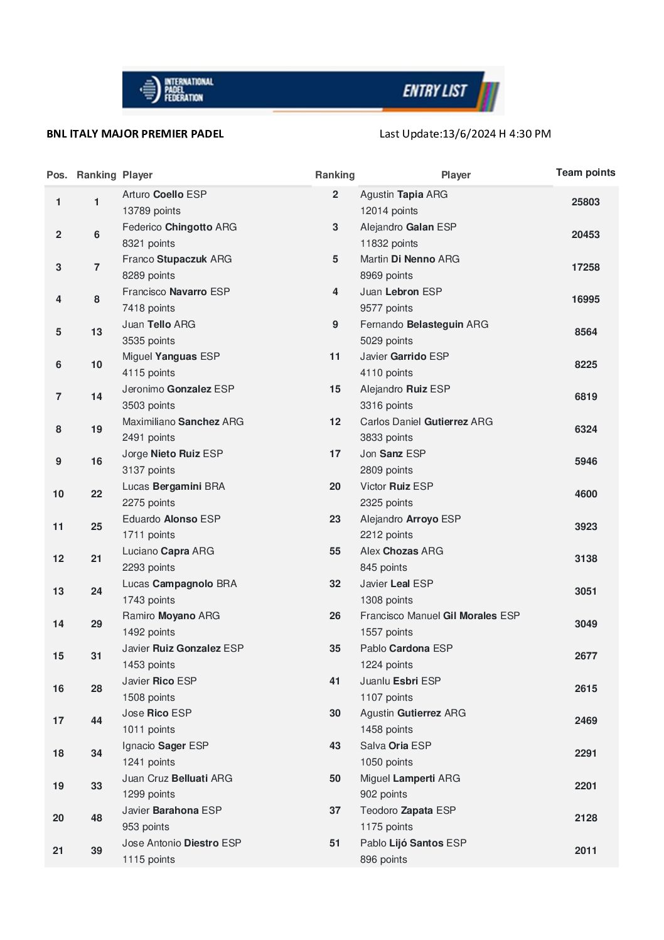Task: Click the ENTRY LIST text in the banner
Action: pos(434,91)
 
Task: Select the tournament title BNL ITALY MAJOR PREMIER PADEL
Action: pos(135,134)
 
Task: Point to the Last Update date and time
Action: pos(465,134)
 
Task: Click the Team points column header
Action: pos(585,173)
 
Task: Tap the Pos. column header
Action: pos(56,175)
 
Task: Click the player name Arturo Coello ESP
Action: pos(164,195)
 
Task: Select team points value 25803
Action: pos(585,202)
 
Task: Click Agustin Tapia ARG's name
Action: pos(404,195)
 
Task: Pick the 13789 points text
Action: pos(151,211)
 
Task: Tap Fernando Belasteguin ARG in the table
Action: pos(424,325)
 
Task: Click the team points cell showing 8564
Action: pos(585,332)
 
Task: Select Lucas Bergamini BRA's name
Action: pos(173,487)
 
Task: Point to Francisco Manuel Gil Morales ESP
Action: pos(439,616)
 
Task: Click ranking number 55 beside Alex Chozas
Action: pos(335,551)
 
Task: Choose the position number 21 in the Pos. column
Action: pos(58,851)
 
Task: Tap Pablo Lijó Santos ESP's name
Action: pos(413,843)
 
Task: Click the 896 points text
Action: pos(383,860)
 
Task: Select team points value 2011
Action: pos(585,851)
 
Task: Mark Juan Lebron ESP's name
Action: pos(400,292)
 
